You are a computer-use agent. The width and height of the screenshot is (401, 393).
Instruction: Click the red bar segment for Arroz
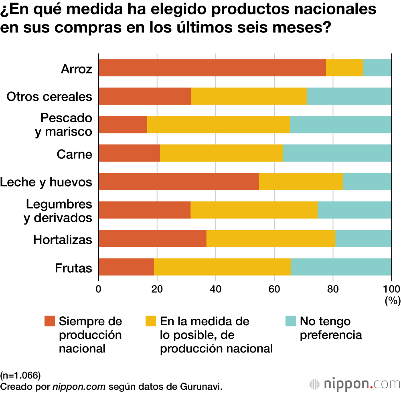(x=212, y=68)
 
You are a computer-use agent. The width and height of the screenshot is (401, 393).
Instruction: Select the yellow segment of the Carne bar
(x=221, y=153)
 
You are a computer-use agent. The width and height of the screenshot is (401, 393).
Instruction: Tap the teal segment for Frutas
(x=341, y=267)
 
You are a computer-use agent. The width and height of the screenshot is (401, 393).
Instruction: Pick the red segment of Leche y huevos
(x=178, y=182)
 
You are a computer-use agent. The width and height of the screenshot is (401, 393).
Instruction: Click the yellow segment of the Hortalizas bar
(x=271, y=239)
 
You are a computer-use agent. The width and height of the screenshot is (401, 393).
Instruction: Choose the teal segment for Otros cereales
(x=349, y=96)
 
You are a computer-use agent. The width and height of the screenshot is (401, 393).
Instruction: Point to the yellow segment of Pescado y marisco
(x=219, y=125)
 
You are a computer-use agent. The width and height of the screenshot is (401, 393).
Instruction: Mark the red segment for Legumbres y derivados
(x=144, y=210)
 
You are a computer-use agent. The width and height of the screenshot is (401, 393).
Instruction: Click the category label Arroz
(x=77, y=69)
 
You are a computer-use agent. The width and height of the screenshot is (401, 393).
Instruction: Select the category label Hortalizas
(x=63, y=239)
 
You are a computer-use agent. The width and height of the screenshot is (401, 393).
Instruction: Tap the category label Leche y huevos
(x=46, y=182)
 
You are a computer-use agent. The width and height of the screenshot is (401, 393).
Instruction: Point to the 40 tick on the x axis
(x=216, y=289)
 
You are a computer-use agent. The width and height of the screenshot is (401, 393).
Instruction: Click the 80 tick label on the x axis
(x=333, y=289)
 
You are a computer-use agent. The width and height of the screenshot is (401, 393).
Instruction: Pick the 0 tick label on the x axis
(x=99, y=289)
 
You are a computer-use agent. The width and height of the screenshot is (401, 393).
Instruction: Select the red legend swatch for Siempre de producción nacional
(x=50, y=321)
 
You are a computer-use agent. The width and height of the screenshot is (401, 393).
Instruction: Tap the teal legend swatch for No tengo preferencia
(x=291, y=321)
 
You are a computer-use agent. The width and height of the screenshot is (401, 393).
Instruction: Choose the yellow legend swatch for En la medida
(x=151, y=321)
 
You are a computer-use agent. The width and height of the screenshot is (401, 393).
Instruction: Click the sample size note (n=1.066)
(x=20, y=375)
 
